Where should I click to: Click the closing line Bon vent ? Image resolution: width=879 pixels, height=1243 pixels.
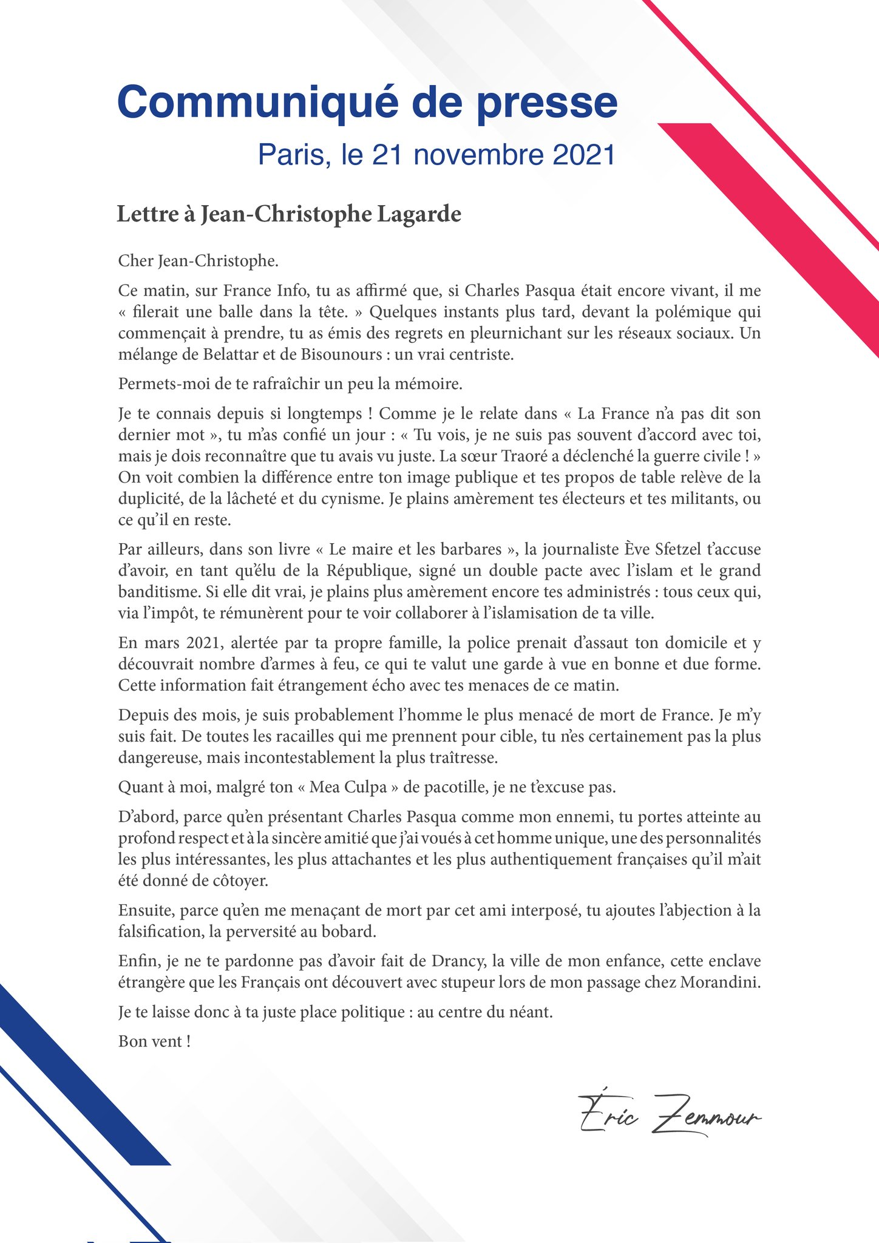tap(155, 1041)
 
